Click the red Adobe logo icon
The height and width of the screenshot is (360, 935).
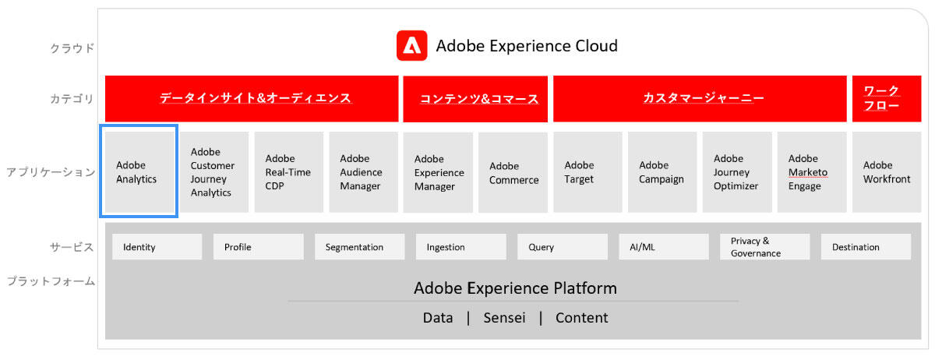411,45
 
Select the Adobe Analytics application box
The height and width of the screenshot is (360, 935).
139,171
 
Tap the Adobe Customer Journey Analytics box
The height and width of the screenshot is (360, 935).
214,171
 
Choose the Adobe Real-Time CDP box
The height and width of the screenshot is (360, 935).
289,171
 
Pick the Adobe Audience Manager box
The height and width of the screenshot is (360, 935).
364,171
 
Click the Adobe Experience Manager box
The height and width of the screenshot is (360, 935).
438,172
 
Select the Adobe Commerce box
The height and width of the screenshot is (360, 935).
513,172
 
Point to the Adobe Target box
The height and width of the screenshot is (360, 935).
587,171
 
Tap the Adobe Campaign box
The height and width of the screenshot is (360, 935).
662,171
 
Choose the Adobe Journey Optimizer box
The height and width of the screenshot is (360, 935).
737,171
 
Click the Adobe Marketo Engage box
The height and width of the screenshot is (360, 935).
812,171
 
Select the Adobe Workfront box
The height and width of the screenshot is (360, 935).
887,171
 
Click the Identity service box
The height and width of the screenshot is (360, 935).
157,247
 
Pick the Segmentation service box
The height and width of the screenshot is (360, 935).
359,247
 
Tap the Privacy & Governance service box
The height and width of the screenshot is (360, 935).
764,247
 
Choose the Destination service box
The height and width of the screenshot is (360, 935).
866,247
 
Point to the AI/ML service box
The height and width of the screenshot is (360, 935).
664,247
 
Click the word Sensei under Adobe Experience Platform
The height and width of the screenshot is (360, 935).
504,318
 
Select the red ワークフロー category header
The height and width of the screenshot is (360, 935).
887,98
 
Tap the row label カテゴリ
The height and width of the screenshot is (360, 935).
72,99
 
